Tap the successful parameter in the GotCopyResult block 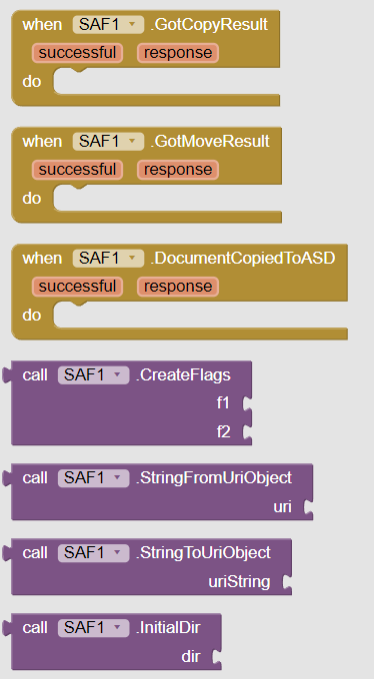[77, 53]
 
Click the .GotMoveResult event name [211, 142]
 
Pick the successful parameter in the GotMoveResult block [77, 170]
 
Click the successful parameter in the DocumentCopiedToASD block [77, 287]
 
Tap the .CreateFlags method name [184, 375]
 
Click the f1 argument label [223, 404]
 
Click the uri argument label [283, 508]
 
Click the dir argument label [190, 656]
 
